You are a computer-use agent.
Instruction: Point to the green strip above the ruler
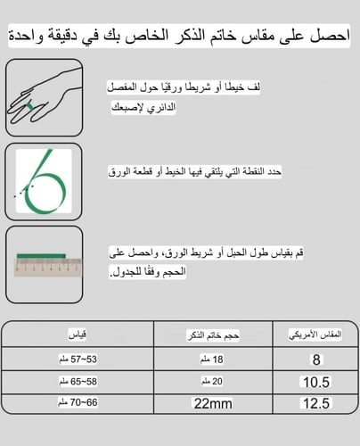[x=43, y=254]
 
